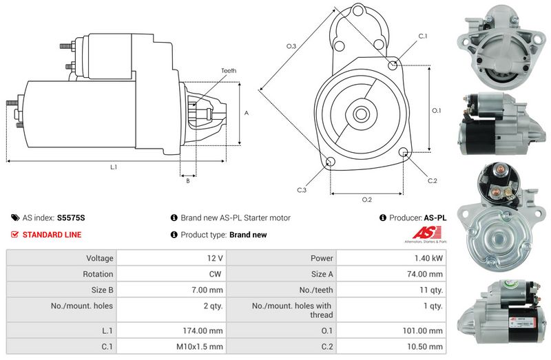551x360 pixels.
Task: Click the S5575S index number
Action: click(x=71, y=218)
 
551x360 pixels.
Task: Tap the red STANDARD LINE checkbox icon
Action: click(x=14, y=234)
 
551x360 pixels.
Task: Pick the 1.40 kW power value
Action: click(x=428, y=258)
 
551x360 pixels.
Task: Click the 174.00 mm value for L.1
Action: click(x=202, y=330)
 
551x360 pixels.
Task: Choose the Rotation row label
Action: click(x=98, y=274)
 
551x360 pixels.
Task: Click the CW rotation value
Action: click(x=215, y=274)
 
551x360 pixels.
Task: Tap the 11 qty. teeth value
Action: click(x=431, y=290)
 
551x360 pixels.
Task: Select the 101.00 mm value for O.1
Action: click(x=422, y=330)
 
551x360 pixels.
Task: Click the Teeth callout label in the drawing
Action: click(x=229, y=71)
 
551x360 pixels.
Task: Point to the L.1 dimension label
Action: click(x=114, y=167)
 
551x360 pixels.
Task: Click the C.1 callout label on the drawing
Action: click(x=423, y=36)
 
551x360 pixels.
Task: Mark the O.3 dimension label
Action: click(x=291, y=46)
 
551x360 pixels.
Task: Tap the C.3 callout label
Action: click(x=302, y=190)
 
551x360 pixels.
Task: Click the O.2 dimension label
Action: click(x=367, y=200)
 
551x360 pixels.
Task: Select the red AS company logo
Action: click(x=426, y=233)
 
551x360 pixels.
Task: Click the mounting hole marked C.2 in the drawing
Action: click(x=404, y=152)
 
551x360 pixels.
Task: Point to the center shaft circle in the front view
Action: click(x=360, y=114)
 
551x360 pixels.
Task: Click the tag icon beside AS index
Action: click(x=15, y=218)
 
